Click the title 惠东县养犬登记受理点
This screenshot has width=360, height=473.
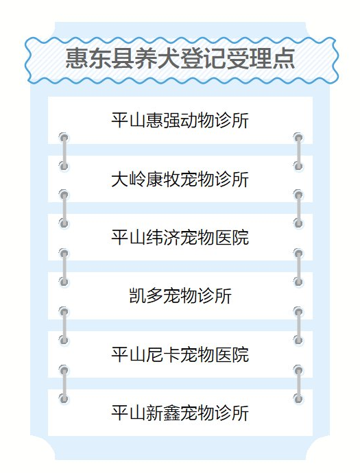(180, 58)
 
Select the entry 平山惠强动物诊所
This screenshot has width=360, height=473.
(180, 121)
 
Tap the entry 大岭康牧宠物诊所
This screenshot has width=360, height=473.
(180, 179)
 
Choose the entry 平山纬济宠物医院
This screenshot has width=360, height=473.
(180, 237)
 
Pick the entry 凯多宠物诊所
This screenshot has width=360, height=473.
(180, 295)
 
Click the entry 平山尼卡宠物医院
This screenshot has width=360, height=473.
(180, 354)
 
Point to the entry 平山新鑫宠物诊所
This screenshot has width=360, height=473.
(180, 413)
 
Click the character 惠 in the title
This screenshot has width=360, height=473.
(77, 58)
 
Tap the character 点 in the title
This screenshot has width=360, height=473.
(283, 58)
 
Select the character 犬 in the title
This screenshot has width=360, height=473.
(169, 58)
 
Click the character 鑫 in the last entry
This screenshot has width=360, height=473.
(171, 413)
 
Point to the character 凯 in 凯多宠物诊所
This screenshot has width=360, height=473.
(137, 295)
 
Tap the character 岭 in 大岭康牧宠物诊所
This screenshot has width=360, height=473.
(137, 179)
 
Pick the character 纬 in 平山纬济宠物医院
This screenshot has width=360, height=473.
(154, 237)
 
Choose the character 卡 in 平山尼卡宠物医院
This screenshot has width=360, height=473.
(171, 354)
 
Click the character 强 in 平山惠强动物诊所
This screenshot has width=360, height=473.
(171, 121)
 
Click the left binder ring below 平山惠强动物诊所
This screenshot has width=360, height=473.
(64, 152)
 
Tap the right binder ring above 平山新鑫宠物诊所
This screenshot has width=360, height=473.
(298, 385)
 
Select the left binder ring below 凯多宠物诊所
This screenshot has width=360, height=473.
(64, 326)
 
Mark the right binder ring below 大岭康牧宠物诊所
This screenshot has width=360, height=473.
(298, 209)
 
